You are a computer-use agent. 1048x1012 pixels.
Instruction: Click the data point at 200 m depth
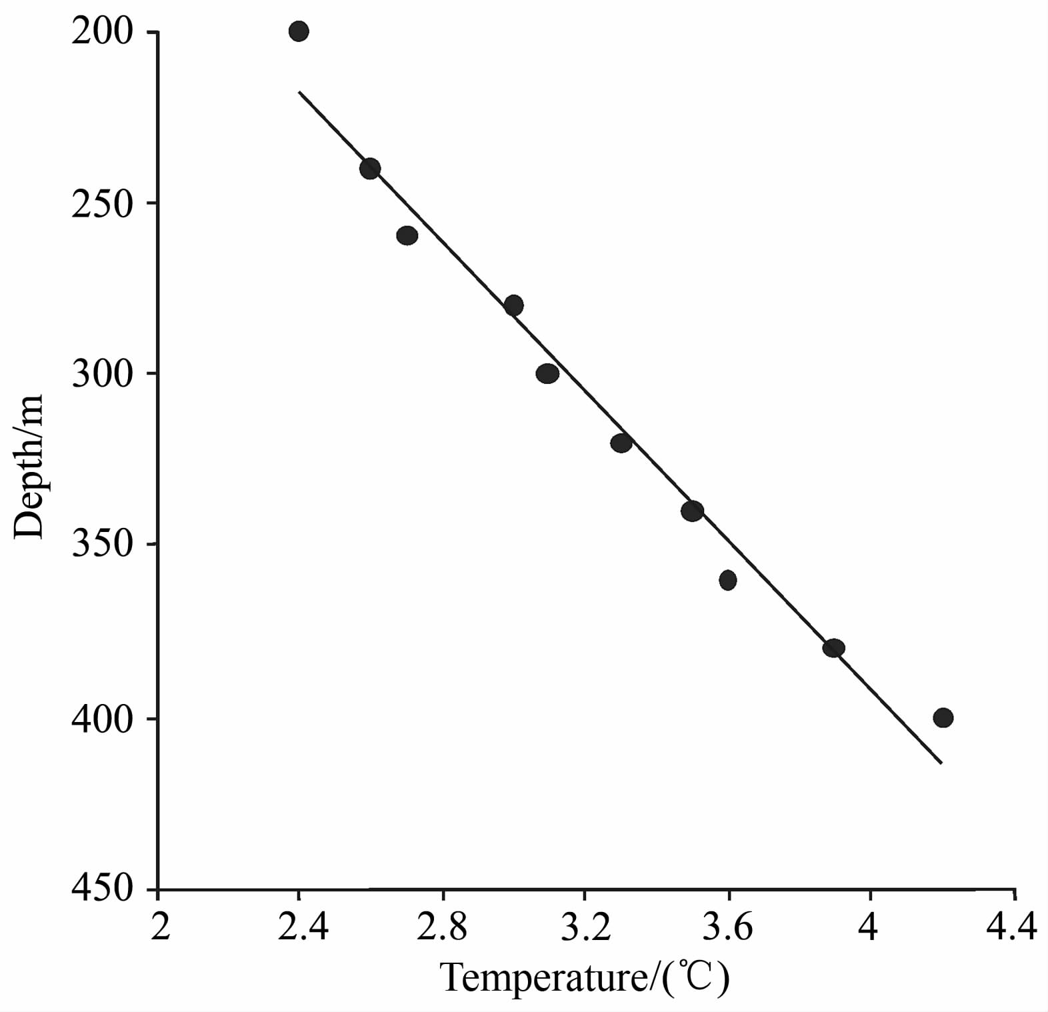(x=299, y=31)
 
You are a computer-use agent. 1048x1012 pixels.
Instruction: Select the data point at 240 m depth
(x=370, y=169)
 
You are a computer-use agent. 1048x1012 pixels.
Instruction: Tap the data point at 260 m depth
(x=407, y=235)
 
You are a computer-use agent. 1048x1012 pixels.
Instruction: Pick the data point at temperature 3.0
(x=513, y=306)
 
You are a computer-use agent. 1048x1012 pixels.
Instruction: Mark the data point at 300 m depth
(x=547, y=374)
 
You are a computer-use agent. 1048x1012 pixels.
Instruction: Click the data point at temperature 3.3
(x=621, y=443)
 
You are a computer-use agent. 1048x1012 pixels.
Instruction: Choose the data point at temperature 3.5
(x=692, y=511)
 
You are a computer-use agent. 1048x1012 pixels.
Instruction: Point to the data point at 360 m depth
(x=728, y=580)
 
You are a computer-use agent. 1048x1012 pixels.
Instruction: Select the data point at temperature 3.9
(x=833, y=648)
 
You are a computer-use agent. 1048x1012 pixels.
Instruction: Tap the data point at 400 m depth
(x=943, y=718)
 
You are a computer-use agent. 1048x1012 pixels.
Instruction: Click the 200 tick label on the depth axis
(x=102, y=32)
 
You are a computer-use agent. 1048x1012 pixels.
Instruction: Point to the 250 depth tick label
(x=102, y=203)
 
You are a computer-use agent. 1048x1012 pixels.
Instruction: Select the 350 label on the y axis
(x=102, y=545)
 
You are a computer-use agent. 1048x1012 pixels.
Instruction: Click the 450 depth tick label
(x=102, y=888)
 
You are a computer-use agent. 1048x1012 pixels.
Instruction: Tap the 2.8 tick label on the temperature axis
(x=442, y=927)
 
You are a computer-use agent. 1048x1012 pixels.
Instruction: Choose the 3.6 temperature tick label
(x=728, y=927)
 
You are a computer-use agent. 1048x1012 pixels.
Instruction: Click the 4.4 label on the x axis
(x=1013, y=927)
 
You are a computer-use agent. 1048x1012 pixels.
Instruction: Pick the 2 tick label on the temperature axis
(x=160, y=927)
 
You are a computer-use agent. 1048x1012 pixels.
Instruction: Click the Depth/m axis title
(x=29, y=467)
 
